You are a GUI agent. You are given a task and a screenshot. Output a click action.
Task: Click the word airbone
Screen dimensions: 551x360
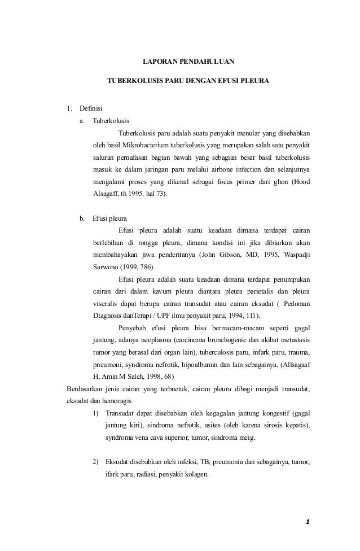210,169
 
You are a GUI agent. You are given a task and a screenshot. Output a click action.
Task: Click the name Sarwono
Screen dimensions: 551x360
106,267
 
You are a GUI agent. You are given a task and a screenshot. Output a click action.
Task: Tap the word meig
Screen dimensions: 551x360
247,438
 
